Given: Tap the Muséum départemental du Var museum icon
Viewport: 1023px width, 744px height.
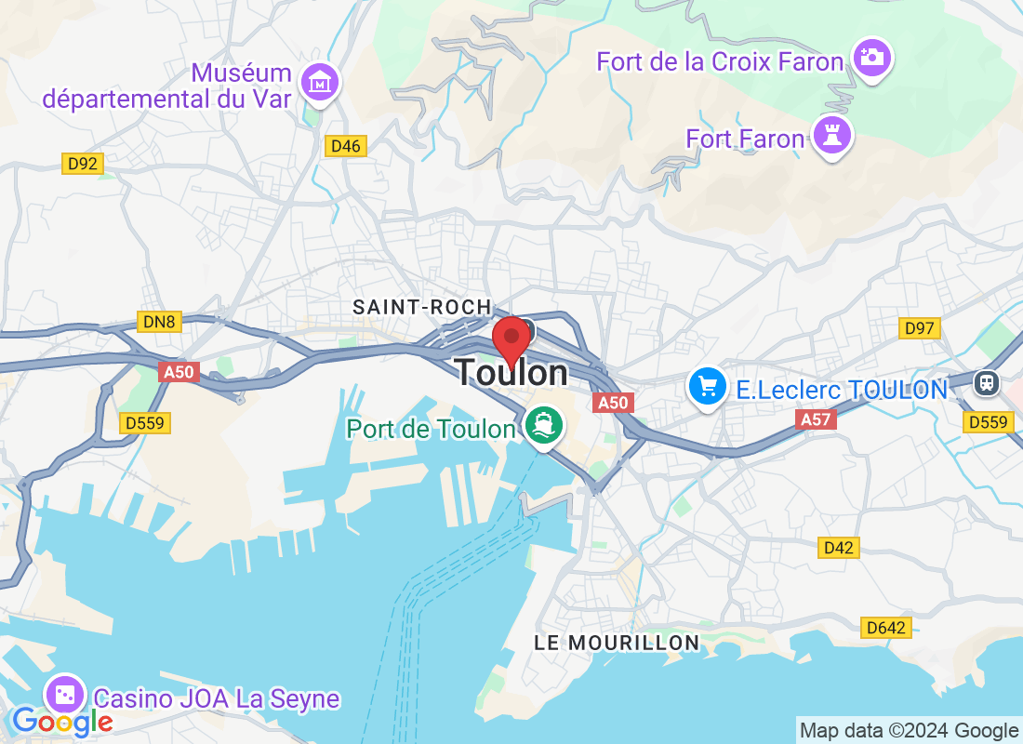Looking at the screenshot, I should [x=321, y=82].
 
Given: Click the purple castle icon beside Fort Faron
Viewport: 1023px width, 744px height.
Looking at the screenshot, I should [x=830, y=135].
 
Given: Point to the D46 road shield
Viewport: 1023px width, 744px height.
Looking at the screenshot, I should [x=346, y=146].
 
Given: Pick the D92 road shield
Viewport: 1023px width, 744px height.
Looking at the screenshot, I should [x=83, y=165].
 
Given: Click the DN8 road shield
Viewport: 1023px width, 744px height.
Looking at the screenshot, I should [x=159, y=323].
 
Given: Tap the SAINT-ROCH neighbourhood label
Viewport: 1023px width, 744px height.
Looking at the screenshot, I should [x=421, y=307].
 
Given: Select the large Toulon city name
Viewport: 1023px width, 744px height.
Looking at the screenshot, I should [x=511, y=373].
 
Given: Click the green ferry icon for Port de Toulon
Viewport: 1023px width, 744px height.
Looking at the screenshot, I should [x=544, y=426].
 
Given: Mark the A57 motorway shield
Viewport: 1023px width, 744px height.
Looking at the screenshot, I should [x=816, y=420].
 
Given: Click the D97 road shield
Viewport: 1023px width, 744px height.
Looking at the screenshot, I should [x=919, y=327].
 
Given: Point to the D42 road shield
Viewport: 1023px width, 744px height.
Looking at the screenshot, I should [x=839, y=548].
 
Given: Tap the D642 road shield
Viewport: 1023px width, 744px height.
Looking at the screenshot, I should [x=884, y=629].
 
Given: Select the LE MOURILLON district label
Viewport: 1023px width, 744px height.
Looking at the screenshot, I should [x=618, y=643].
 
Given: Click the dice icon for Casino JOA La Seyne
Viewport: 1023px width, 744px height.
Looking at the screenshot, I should [x=65, y=696].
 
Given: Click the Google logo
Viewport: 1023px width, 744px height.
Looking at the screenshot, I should [x=62, y=721].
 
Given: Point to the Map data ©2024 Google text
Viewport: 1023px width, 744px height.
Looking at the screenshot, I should [x=909, y=731].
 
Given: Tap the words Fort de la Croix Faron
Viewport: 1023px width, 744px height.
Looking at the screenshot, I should [x=720, y=62].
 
